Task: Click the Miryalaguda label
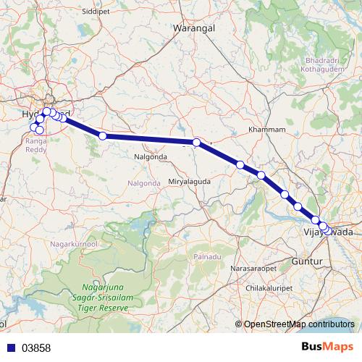pyautogui.click(x=190, y=181)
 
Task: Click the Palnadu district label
pyautogui.click(x=207, y=258)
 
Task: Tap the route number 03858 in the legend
pyautogui.click(x=36, y=348)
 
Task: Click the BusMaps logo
pyautogui.click(x=328, y=348)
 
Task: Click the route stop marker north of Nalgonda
pyautogui.click(x=197, y=143)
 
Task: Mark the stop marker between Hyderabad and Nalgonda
pyautogui.click(x=103, y=135)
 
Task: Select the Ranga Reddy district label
pyautogui.click(x=36, y=145)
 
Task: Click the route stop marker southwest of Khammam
pyautogui.click(x=240, y=165)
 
